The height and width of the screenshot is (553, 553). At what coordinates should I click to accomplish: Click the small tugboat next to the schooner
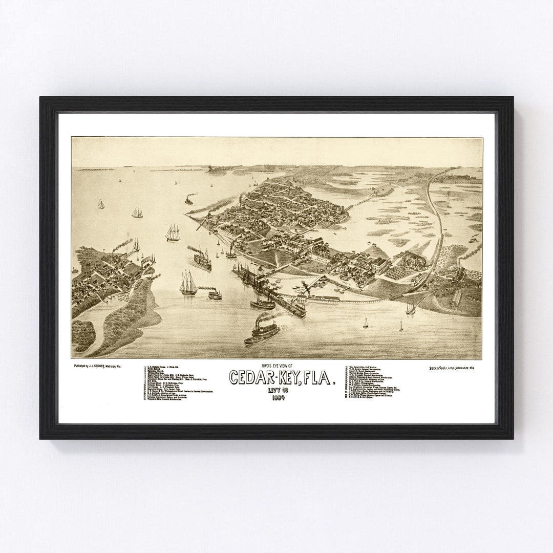point(214,294)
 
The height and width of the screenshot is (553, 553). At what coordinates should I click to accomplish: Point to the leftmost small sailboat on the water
point(101,204)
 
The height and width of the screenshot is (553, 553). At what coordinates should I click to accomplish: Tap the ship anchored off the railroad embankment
point(410,309)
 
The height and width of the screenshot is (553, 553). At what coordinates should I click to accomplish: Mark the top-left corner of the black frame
point(41,98)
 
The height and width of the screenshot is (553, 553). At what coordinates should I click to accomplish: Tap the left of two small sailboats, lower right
point(366,323)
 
